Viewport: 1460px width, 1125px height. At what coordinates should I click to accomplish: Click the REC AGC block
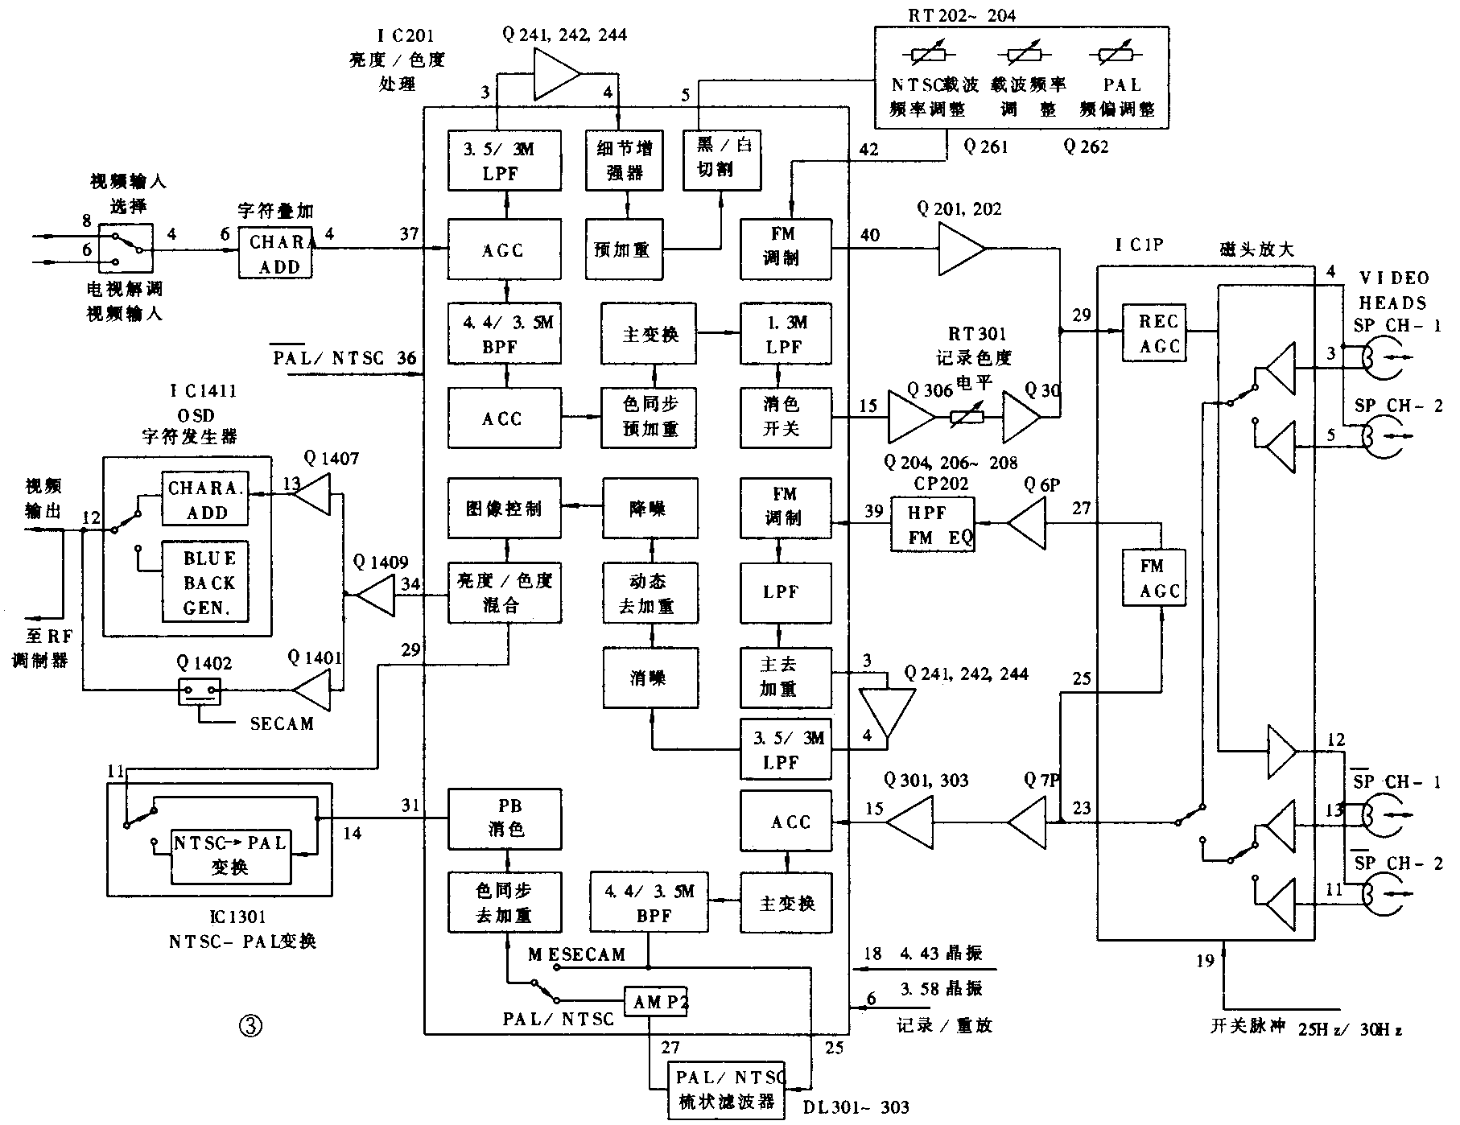tap(1158, 332)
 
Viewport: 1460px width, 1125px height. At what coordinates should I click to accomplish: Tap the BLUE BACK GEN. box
tap(206, 582)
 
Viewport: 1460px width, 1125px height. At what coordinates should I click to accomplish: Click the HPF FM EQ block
tap(932, 525)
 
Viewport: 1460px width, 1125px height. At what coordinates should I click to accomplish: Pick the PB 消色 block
tap(504, 818)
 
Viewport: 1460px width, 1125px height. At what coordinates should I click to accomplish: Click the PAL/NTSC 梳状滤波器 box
tap(727, 1090)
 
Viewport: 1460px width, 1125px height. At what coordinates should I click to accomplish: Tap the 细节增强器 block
tap(625, 160)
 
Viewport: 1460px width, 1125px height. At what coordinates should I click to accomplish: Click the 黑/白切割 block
tap(721, 159)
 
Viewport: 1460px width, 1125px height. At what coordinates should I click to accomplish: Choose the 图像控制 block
tap(504, 509)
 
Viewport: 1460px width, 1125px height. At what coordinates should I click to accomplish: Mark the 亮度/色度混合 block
tap(504, 592)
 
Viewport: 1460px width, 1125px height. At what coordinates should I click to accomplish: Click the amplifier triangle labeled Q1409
tap(375, 596)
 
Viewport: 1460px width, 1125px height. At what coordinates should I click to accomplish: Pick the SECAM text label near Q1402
tap(282, 723)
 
